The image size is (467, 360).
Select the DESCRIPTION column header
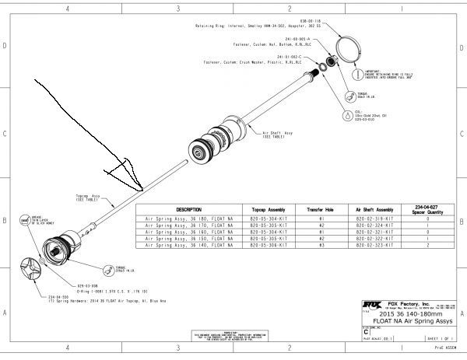tap(188, 210)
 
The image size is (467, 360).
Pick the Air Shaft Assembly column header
tap(374, 210)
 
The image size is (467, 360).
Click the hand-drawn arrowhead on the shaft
tap(125, 175)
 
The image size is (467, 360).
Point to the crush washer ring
tap(322, 70)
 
